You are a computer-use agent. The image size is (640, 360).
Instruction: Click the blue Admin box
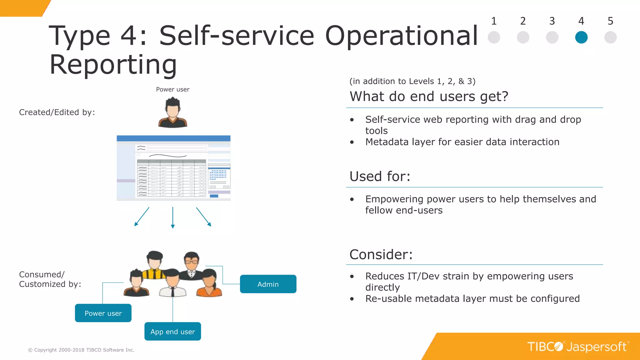[268, 284]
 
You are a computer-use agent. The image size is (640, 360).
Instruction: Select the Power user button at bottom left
[103, 313]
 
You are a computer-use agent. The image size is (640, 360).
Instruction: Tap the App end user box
[172, 332]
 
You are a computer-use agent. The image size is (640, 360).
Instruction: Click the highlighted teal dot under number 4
[581, 37]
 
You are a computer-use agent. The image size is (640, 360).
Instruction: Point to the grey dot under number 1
[494, 37]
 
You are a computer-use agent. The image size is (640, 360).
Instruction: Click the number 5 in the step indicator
[610, 21]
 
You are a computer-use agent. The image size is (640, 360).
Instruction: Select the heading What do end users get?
[429, 96]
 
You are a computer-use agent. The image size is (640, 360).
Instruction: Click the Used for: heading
[380, 176]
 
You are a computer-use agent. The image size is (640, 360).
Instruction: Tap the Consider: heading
[381, 254]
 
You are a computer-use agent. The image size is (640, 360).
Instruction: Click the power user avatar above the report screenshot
[172, 112]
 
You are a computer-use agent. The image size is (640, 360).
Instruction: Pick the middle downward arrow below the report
[172, 217]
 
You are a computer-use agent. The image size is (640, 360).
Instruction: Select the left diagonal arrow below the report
[142, 217]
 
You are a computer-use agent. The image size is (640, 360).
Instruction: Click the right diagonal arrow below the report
[204, 217]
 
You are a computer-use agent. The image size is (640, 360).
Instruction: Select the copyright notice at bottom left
[81, 350]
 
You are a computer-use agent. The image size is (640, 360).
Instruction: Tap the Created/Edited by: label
[57, 112]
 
